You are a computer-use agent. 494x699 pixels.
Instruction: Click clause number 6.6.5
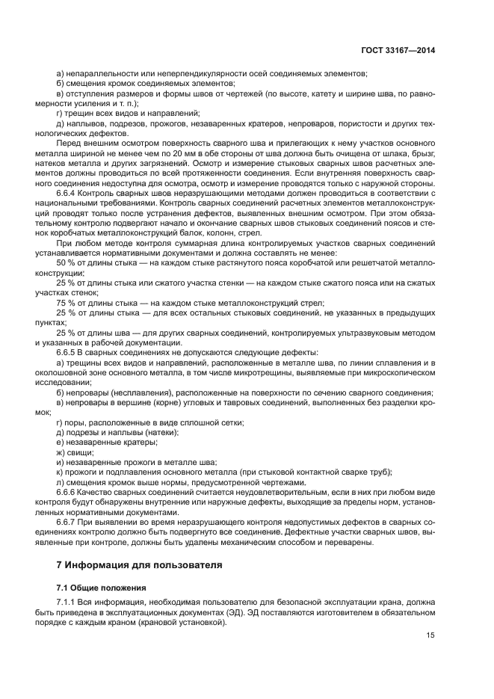69,352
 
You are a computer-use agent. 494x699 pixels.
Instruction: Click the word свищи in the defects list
80,452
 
